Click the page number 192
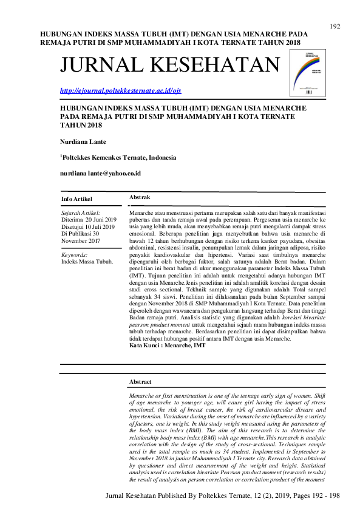335,26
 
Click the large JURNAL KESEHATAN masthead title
171,64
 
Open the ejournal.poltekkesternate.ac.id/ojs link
120,90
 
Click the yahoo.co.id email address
100,173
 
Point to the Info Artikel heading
78,199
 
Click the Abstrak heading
140,198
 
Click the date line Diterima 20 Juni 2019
89,220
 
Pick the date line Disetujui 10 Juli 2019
89,226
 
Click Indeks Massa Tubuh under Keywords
87,262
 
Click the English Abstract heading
141,382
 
